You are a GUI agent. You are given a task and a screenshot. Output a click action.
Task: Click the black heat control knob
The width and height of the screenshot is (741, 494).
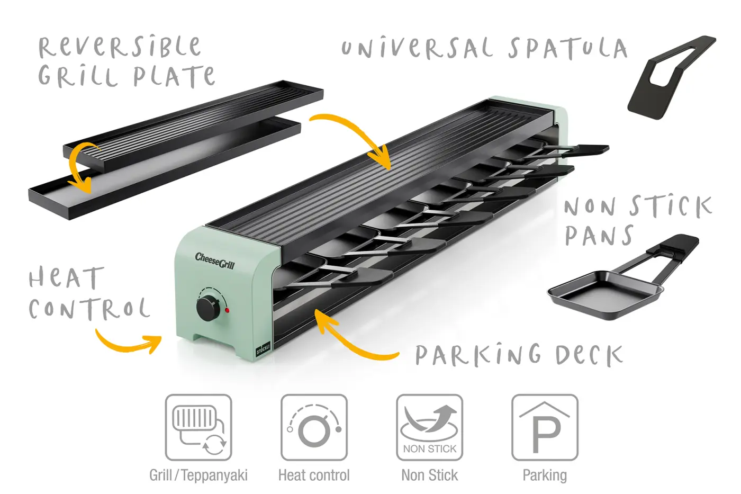(207, 307)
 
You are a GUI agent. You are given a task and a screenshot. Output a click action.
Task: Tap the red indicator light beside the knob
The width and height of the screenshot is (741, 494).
(227, 310)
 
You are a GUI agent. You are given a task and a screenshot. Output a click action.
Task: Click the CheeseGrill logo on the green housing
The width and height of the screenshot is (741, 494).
(214, 260)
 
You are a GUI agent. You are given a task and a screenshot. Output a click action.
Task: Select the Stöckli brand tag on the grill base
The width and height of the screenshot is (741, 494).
(263, 348)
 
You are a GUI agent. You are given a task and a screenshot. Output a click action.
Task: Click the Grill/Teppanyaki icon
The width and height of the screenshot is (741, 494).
(198, 427)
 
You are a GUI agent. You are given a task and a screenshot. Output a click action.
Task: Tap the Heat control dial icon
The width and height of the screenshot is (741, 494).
(314, 427)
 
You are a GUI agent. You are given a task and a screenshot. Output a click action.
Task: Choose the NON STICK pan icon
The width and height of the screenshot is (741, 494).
(429, 427)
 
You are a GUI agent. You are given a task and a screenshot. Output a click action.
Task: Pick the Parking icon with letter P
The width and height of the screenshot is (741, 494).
(545, 427)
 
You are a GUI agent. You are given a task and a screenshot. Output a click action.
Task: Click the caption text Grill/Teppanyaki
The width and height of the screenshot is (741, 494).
(198, 475)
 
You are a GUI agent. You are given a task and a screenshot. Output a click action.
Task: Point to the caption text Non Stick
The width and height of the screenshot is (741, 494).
(429, 475)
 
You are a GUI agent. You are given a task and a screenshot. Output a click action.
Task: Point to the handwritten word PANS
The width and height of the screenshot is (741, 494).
(599, 236)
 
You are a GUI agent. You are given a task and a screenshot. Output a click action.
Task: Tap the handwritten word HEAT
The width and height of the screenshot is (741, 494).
(66, 278)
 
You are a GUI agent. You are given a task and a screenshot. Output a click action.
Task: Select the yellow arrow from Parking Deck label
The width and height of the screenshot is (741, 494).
(352, 339)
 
